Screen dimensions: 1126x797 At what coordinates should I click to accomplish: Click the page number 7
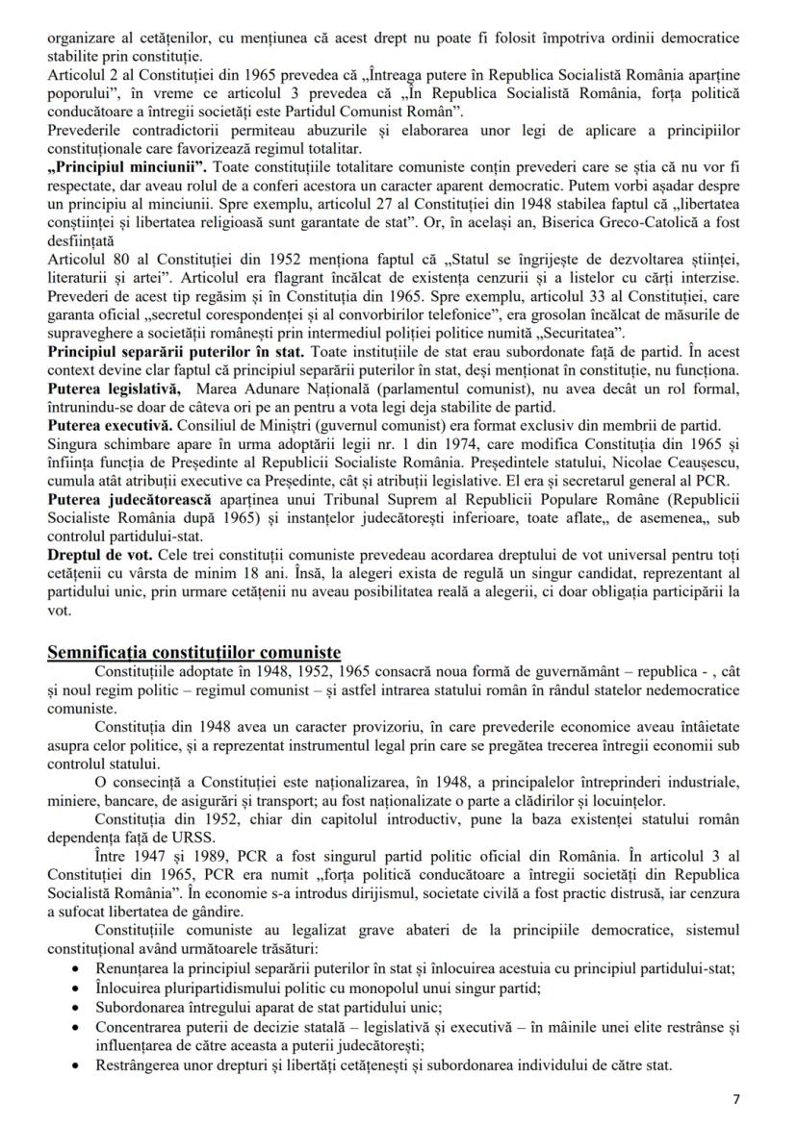(x=737, y=1098)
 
